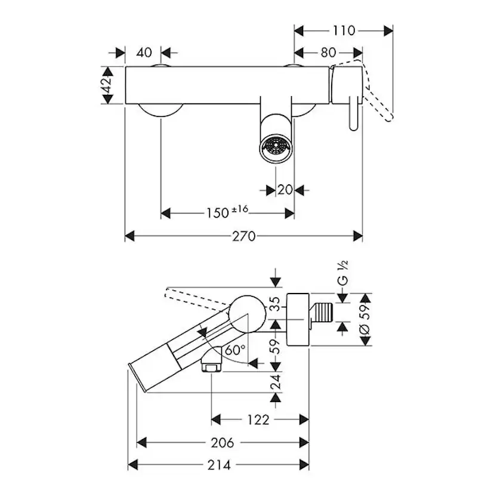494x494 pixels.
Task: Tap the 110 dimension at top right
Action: tap(344, 30)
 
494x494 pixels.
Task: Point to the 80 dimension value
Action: tap(329, 53)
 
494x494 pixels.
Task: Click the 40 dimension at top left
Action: tap(144, 53)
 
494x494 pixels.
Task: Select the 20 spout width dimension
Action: tap(285, 190)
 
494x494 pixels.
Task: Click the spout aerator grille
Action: tap(276, 146)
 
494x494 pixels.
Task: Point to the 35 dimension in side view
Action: tap(276, 305)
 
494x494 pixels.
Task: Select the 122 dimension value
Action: tap(258, 419)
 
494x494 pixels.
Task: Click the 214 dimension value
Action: tap(219, 464)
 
